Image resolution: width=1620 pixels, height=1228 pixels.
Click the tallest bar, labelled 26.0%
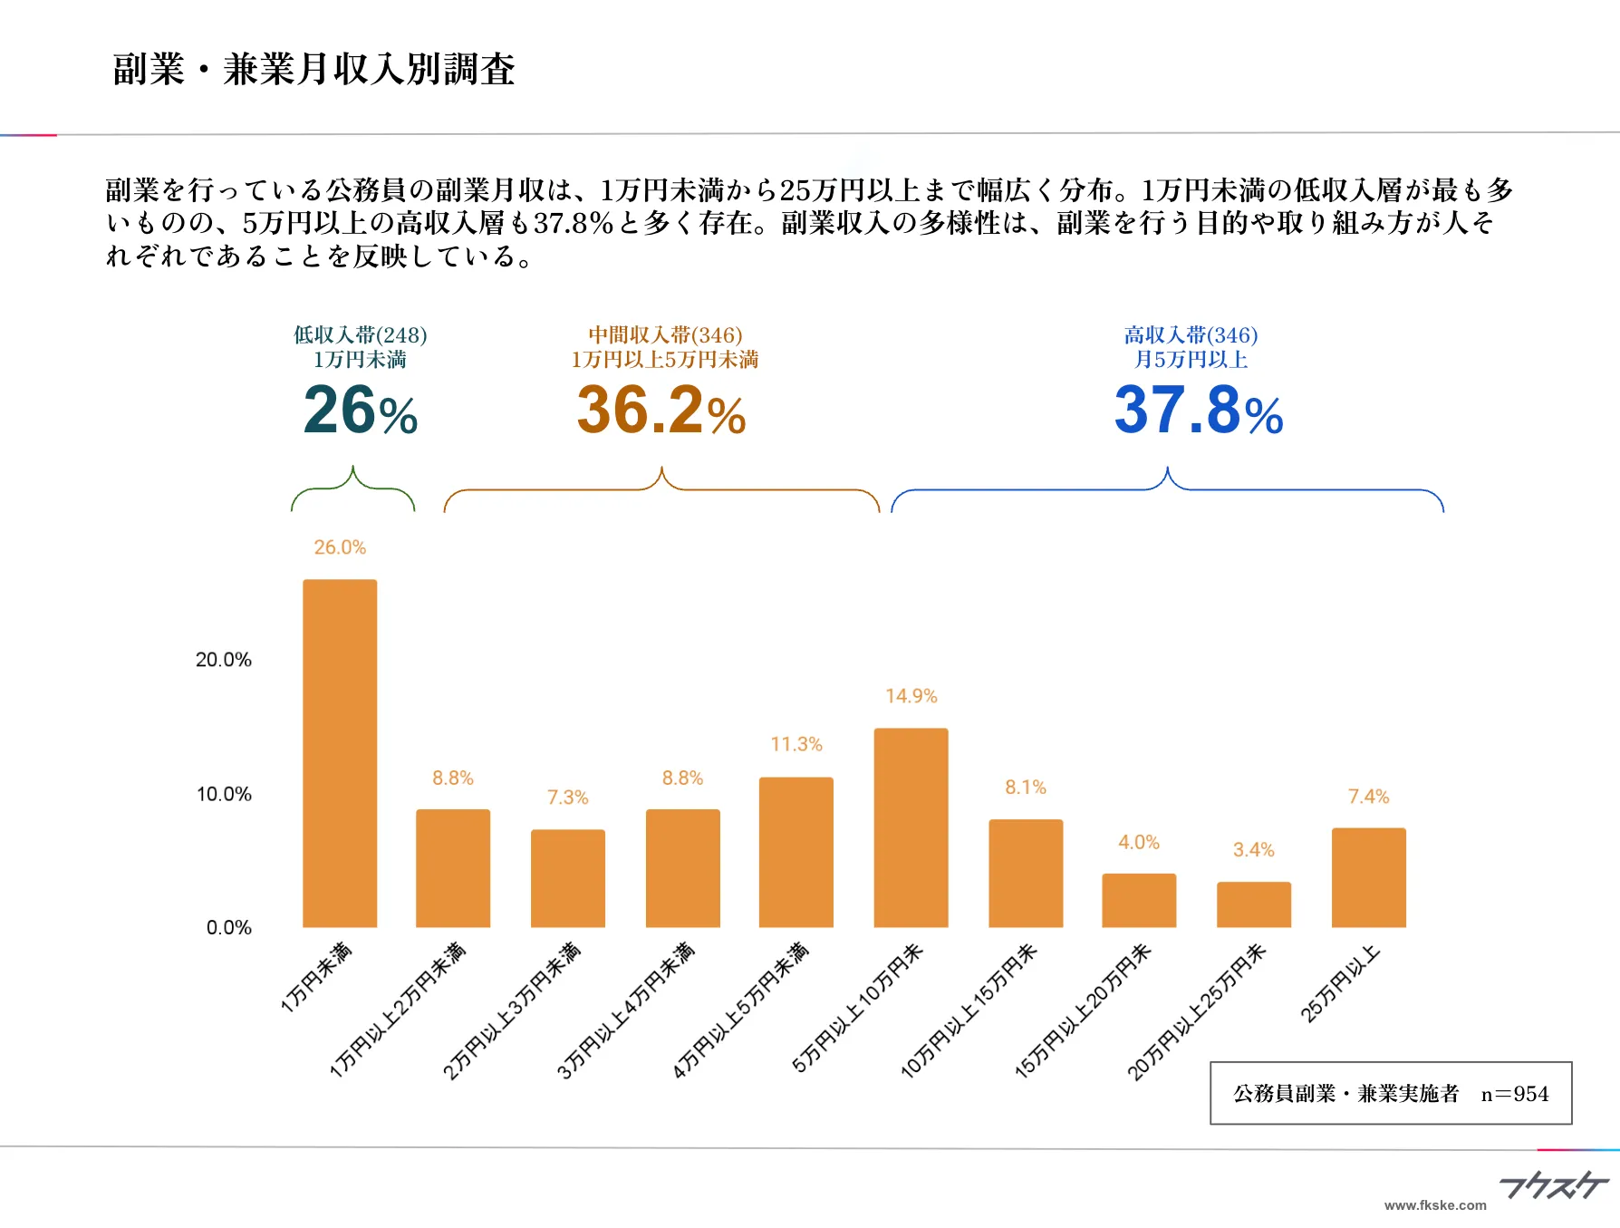[340, 752]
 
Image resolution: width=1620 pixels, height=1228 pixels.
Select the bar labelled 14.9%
[911, 827]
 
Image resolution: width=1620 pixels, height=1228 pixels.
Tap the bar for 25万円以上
[1368, 876]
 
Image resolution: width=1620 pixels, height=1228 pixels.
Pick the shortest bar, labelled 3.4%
[1253, 904]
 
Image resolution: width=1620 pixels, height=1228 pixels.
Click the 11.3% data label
[796, 744]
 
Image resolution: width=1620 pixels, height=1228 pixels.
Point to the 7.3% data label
[567, 798]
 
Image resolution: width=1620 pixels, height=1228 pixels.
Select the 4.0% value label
[1138, 842]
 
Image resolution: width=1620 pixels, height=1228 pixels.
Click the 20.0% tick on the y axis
[223, 660]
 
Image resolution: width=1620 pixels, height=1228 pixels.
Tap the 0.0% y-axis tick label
[228, 927]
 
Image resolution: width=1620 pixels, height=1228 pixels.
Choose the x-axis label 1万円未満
[316, 977]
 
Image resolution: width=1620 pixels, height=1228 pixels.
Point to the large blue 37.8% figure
[1198, 410]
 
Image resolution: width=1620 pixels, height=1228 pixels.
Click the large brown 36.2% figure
[661, 410]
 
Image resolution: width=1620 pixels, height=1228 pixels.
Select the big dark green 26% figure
[360, 410]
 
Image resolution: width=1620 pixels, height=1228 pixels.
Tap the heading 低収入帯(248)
[360, 335]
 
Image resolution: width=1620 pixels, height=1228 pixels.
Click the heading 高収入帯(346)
[1191, 335]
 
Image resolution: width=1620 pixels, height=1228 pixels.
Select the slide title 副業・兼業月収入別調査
[313, 70]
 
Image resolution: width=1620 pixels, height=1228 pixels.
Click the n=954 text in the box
[1514, 1094]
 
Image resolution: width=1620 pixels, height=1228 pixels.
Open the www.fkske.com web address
[1435, 1205]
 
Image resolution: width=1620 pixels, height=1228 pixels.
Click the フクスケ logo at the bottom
[1553, 1185]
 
